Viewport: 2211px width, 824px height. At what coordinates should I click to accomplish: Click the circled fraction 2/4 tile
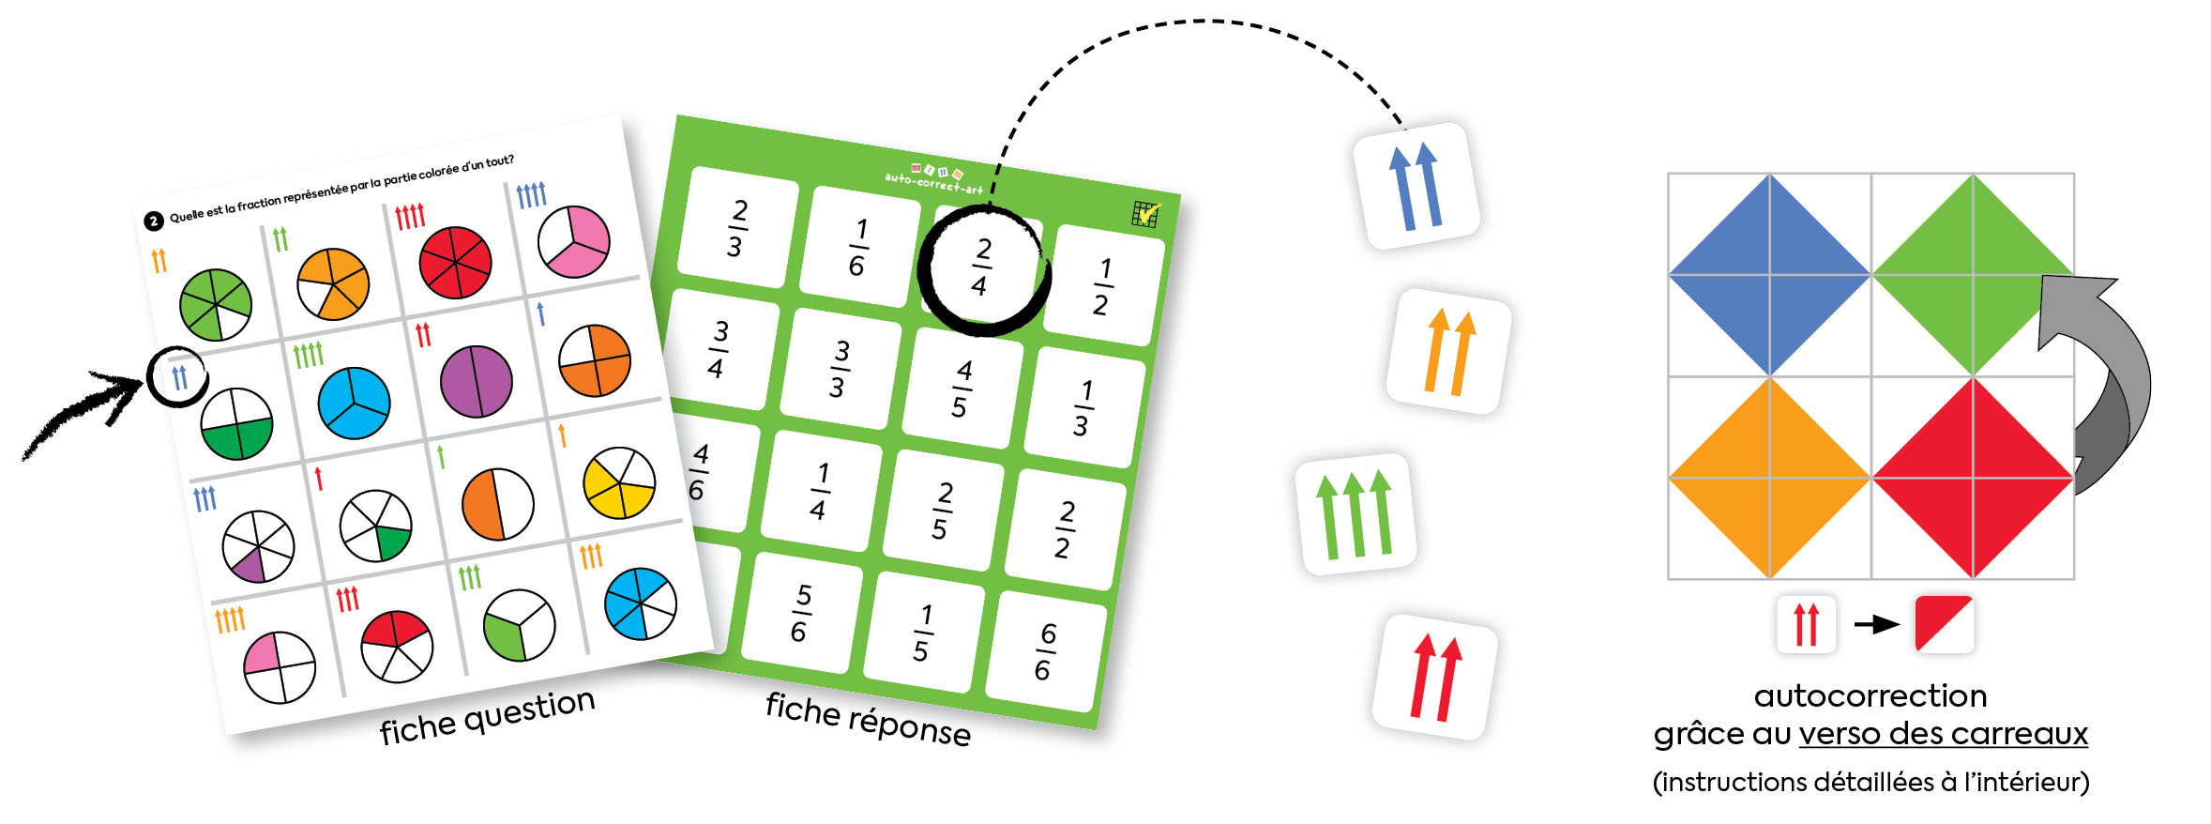981,268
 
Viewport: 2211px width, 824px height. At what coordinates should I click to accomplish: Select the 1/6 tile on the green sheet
859,247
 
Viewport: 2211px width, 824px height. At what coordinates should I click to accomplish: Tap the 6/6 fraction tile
1045,651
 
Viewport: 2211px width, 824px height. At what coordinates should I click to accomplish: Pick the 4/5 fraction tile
962,388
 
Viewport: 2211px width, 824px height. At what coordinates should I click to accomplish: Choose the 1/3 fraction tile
1083,407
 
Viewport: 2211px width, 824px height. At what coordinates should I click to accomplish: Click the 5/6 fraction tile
801,613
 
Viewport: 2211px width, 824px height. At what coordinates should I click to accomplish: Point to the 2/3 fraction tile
737,228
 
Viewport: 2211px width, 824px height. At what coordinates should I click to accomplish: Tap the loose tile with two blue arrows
1416,186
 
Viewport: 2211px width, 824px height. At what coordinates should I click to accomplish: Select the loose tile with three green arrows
1355,514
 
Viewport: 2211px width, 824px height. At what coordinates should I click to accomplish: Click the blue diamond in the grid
1769,275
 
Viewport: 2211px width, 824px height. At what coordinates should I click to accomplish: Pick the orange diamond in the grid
1769,478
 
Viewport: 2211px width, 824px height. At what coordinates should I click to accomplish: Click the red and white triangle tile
1944,623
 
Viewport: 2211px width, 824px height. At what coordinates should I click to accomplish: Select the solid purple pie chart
477,381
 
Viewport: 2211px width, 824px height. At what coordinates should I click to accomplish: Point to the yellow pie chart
619,483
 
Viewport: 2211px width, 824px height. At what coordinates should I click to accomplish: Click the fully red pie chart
455,262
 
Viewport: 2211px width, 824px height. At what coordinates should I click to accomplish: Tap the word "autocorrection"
1870,695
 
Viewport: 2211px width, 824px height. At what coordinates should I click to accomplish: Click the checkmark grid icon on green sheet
1145,215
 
